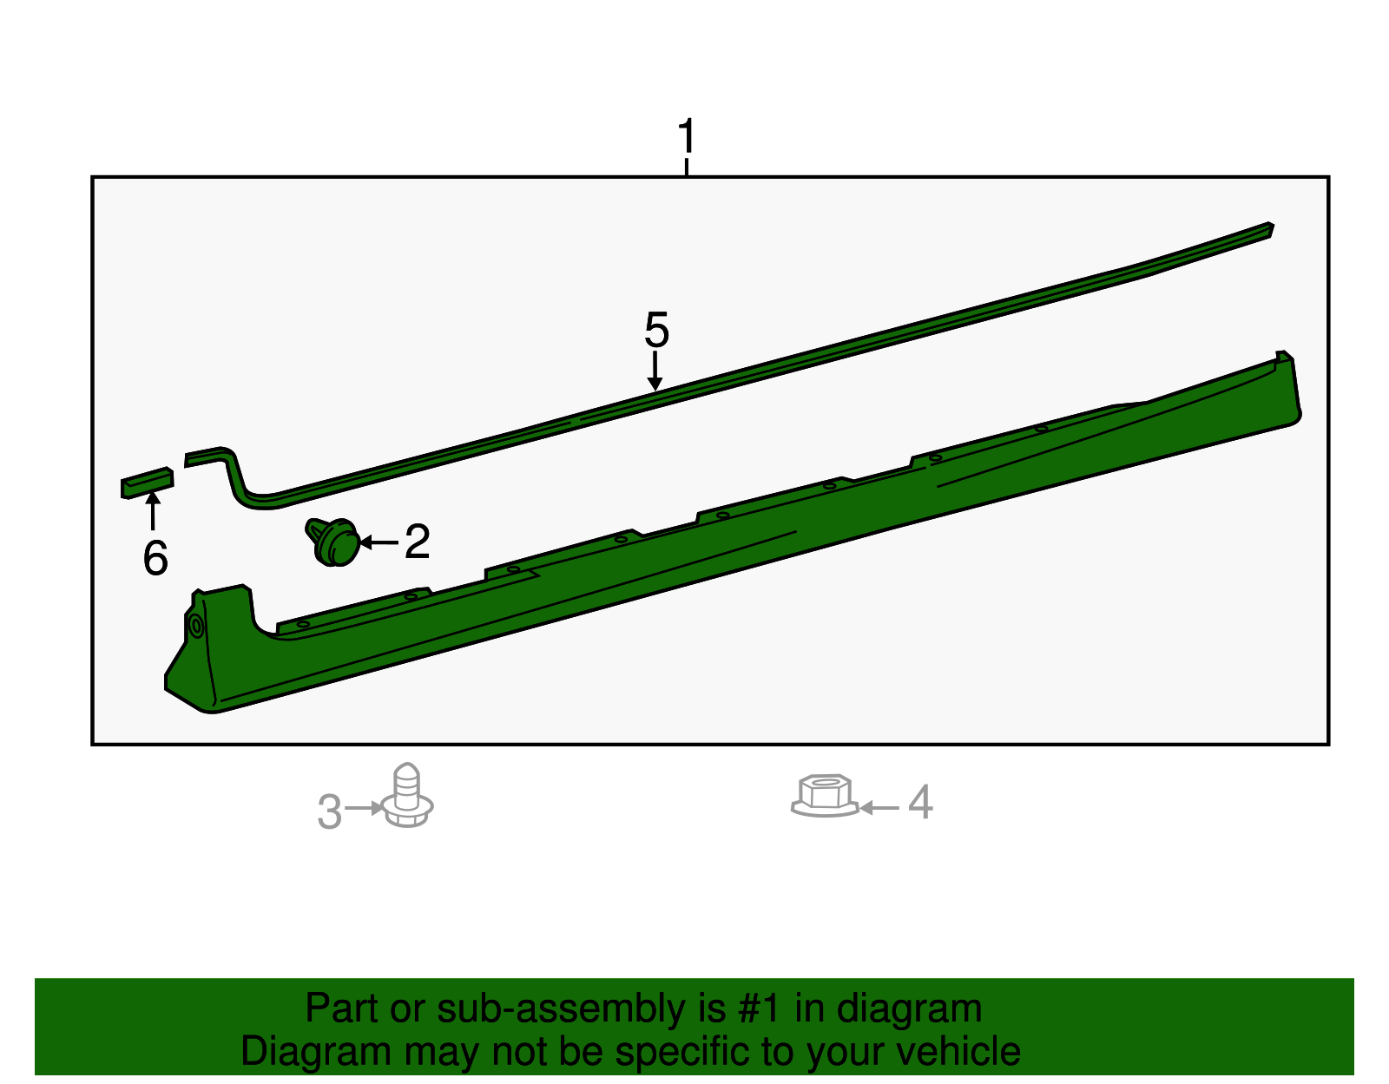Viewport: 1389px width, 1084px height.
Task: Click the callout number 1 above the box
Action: tap(687, 135)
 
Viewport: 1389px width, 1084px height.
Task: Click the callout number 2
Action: tap(418, 541)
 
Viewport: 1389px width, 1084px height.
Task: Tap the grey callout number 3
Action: tap(330, 811)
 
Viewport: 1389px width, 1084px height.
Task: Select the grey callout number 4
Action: tap(920, 802)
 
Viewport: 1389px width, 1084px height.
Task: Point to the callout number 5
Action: tap(656, 331)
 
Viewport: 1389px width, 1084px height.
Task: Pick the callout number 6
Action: tap(155, 558)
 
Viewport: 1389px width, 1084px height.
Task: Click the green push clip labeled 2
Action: tap(333, 542)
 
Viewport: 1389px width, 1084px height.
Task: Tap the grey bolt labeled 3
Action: tap(407, 795)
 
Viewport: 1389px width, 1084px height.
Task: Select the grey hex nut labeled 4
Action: tap(825, 795)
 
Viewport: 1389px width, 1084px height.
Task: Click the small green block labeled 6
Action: tap(147, 483)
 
